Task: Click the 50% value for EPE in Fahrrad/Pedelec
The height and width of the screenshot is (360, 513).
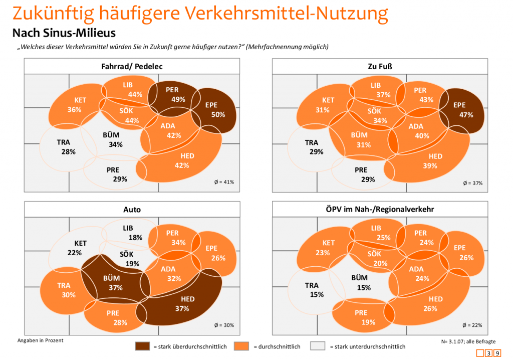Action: coord(218,114)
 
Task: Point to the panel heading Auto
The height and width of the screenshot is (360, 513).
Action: coord(132,210)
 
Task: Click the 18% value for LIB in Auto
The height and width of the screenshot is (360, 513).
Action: coord(135,237)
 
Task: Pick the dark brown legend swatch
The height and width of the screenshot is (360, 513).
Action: coord(142,346)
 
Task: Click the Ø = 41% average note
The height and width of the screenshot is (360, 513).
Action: coord(224,182)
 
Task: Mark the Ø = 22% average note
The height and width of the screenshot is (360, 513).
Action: coord(472,325)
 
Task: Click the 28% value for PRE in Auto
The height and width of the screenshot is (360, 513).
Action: coord(120,322)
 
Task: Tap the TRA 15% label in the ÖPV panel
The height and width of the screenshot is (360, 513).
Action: coord(315,290)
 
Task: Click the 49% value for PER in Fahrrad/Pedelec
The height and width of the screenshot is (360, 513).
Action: coord(178,99)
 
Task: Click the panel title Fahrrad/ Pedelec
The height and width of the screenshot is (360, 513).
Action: coord(132,66)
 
